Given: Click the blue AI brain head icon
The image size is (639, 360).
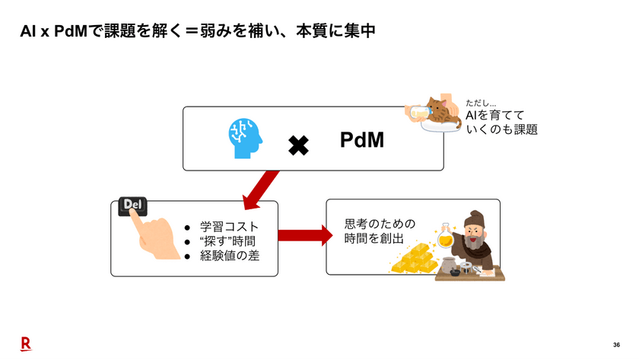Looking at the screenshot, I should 246,139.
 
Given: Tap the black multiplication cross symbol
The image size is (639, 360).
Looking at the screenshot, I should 298,145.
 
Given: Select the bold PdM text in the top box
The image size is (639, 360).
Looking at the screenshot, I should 361,140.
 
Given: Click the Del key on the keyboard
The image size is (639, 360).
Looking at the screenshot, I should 132,207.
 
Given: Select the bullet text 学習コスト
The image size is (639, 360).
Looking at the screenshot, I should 229,227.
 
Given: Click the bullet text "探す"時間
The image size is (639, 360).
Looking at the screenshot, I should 227,241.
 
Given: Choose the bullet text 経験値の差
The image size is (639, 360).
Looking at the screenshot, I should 229,256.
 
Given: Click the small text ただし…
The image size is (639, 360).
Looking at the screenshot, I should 481,103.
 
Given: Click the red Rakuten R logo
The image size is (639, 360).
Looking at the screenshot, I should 25,344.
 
